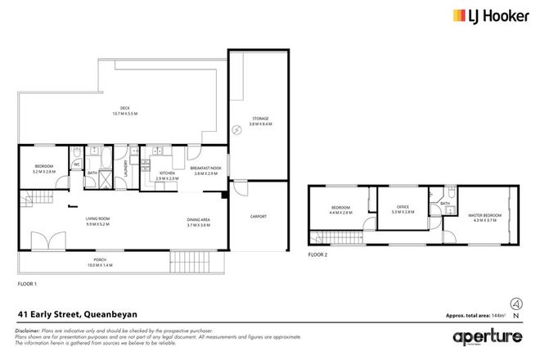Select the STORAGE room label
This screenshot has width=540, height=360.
click(259, 119)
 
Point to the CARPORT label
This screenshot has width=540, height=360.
click(259, 216)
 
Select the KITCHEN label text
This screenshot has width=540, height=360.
click(167, 173)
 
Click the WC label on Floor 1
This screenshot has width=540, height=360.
click(76, 163)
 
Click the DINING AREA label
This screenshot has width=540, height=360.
click(198, 219)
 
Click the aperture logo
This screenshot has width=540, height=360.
click(488, 337)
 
